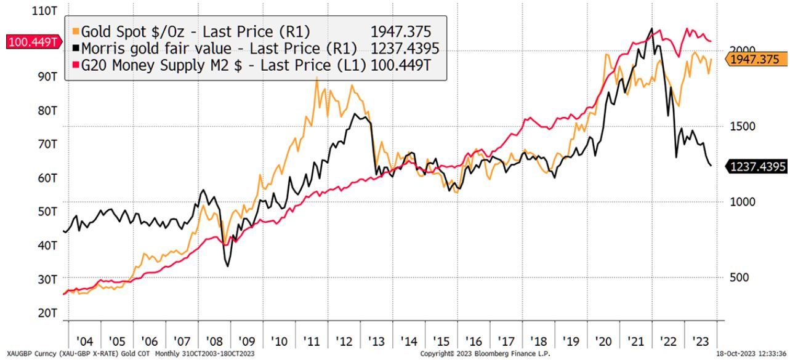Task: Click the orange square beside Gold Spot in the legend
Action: (x=76, y=31)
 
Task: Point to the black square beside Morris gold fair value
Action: (x=76, y=49)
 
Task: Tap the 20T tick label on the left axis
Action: (x=47, y=313)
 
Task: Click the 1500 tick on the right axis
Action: (x=741, y=126)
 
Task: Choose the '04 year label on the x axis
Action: (x=84, y=341)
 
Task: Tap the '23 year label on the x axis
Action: (x=699, y=341)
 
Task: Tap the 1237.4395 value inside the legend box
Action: (x=405, y=49)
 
